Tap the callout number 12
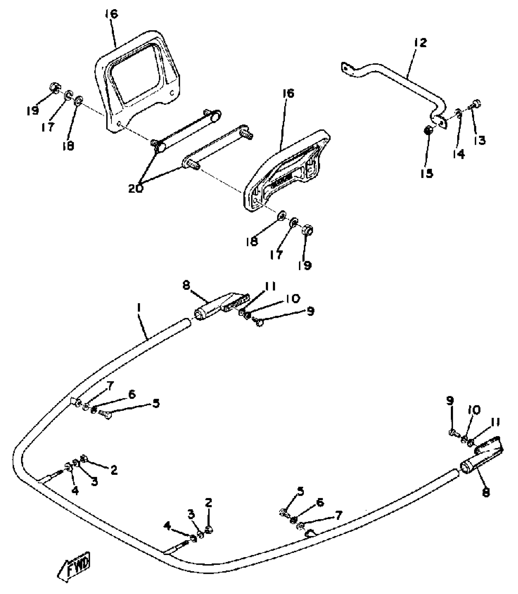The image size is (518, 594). pyautogui.click(x=420, y=43)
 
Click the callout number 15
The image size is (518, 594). pyautogui.click(x=427, y=173)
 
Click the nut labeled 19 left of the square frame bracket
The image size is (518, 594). pyautogui.click(x=54, y=88)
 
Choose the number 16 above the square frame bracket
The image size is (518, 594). pyautogui.click(x=112, y=14)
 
